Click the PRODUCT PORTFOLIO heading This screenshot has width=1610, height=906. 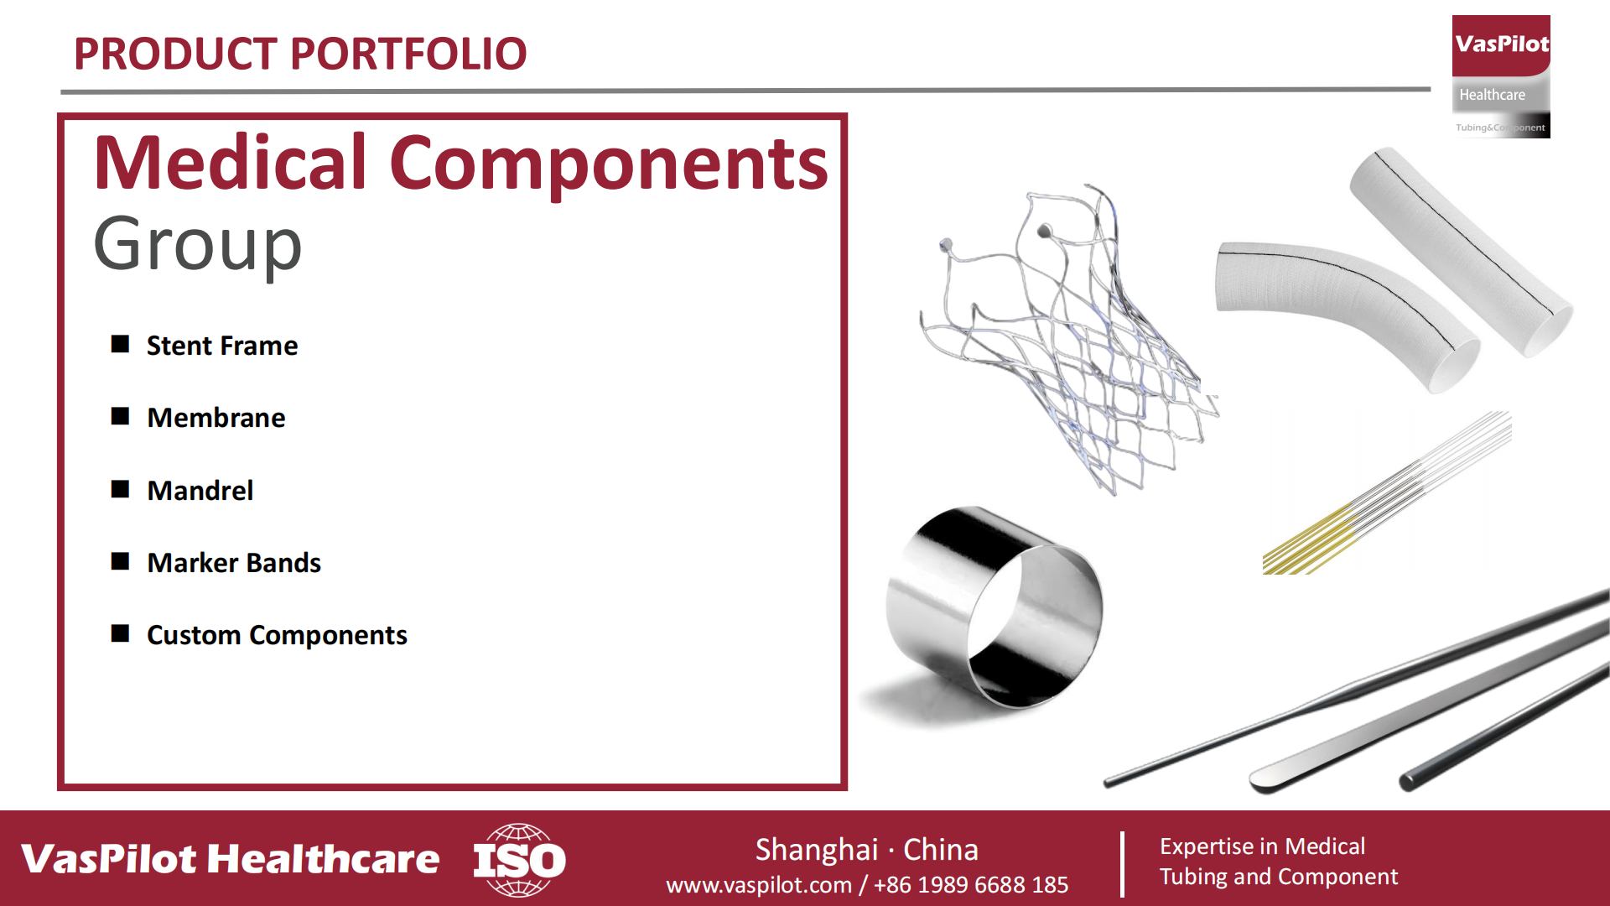pos(300,54)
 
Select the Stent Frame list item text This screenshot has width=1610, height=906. pos(222,346)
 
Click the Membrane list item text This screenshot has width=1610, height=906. pos(216,418)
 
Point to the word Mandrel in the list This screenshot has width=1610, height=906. pos(200,491)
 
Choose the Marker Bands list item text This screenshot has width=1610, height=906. pos(234,563)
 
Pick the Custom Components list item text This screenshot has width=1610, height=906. pos(277,635)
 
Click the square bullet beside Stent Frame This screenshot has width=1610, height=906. pos(120,344)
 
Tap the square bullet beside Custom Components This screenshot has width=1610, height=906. pos(120,633)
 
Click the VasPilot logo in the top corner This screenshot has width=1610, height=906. pos(1501,76)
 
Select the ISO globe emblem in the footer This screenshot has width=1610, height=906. pos(519,860)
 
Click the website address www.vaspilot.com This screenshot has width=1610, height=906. pos(759,885)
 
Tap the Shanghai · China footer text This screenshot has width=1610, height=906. pos(867,850)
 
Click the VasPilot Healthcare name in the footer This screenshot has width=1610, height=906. pos(231,859)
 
